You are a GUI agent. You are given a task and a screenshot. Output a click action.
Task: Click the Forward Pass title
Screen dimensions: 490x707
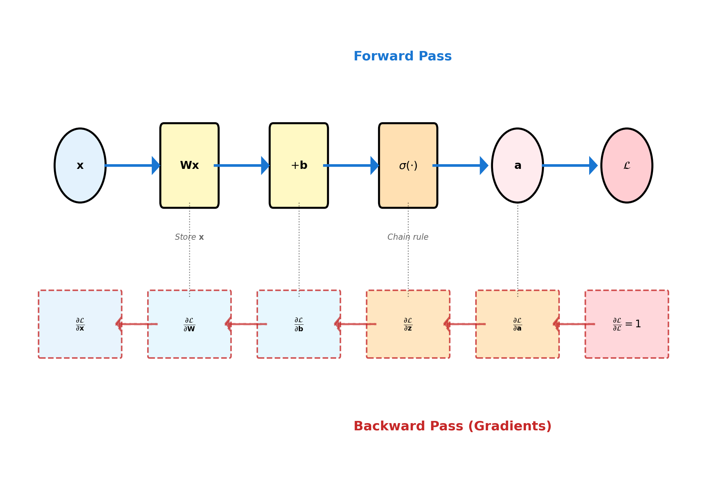tap(402, 56)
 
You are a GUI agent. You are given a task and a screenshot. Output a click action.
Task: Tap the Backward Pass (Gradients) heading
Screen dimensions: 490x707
tap(452, 426)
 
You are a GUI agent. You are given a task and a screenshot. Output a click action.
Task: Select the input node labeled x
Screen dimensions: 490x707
tap(80, 165)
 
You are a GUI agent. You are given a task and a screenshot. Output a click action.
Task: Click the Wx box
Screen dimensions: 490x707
tap(189, 165)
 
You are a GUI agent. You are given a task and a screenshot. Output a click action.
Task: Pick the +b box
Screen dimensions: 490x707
tap(299, 165)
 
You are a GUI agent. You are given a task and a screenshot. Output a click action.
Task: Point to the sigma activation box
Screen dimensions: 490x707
tap(408, 165)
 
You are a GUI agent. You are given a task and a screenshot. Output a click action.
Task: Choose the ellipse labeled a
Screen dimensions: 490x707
tap(517, 165)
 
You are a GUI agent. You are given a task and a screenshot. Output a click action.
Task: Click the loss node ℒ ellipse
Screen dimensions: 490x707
tap(626, 165)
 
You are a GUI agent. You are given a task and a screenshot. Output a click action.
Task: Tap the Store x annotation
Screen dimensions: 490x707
tap(189, 237)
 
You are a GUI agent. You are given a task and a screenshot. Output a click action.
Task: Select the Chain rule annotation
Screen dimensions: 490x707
tap(408, 237)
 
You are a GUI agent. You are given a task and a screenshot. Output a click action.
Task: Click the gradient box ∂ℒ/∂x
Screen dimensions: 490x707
tap(80, 324)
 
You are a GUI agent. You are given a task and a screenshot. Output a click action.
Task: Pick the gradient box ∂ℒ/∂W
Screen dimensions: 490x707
tap(189, 324)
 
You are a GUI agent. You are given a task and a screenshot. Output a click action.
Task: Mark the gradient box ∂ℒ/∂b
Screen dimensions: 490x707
tap(299, 324)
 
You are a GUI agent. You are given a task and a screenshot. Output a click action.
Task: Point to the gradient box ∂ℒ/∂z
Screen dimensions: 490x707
tap(408, 324)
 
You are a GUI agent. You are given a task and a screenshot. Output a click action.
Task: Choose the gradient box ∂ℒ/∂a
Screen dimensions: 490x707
tap(517, 324)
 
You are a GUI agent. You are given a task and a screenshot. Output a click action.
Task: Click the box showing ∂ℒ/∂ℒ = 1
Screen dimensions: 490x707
tap(626, 324)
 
